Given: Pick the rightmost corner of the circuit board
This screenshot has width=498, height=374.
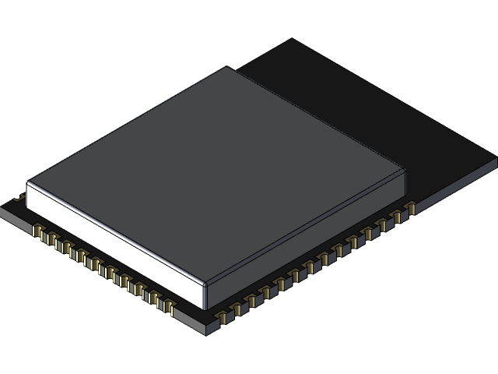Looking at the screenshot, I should coord(496,161).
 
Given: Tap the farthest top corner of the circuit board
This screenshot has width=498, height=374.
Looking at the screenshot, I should coord(292,39).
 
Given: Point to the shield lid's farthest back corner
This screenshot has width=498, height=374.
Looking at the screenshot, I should coord(226,67).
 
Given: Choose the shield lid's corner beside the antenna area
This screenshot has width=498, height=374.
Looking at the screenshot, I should coord(405,168).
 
